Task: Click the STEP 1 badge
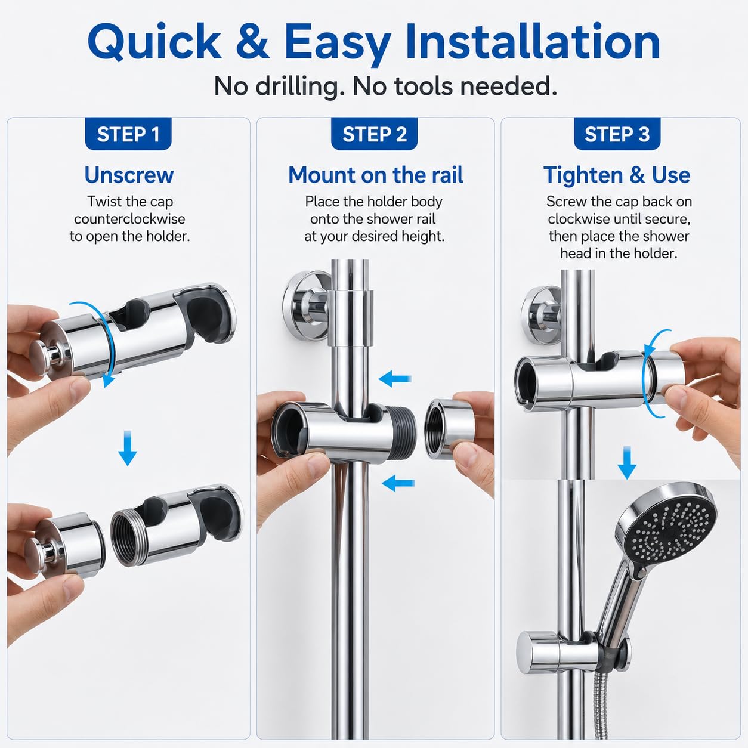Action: coord(128,134)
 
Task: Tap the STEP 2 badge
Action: coord(374,134)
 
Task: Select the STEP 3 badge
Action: coord(617,134)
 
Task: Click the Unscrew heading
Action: coord(129,175)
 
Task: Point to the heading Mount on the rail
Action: coord(375,175)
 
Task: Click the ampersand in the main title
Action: coord(252,41)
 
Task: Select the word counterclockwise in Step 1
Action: coord(129,219)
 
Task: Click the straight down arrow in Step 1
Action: coord(128,447)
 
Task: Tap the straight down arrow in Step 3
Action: coord(627,462)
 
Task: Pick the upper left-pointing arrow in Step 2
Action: coord(395,378)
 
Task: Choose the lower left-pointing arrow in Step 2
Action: coord(398,483)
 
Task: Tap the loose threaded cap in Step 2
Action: coord(450,428)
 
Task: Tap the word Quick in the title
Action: coord(154,42)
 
